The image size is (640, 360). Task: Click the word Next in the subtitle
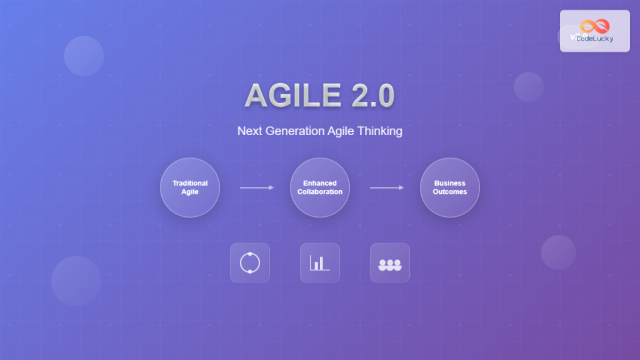point(249,131)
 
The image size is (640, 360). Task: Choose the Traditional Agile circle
point(190,187)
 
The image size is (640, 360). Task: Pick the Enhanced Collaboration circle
point(320,187)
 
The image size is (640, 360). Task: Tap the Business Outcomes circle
point(450,187)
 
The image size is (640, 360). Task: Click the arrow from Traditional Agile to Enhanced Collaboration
point(256,187)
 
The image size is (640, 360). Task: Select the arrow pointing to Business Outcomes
point(386,187)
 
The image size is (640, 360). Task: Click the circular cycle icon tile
point(250,262)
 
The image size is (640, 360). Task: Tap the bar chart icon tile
point(320,262)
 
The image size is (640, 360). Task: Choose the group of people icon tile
point(390,262)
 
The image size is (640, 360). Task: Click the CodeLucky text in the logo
point(595,39)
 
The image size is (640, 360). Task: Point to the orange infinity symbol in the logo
point(594,26)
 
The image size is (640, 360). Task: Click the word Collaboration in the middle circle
point(320,192)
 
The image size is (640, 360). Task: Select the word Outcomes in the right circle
point(450,192)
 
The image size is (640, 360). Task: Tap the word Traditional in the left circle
point(190,183)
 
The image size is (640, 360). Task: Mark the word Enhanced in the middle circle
point(320,183)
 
